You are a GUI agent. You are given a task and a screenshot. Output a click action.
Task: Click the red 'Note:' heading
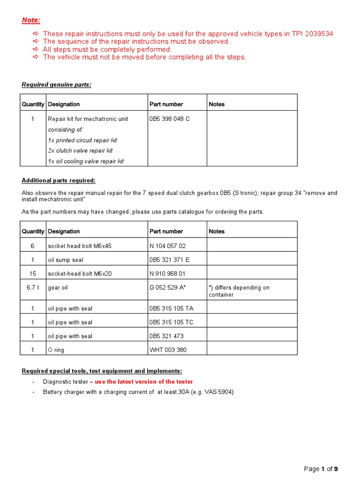[31, 20]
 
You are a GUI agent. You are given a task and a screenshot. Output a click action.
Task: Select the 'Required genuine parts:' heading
[57, 84]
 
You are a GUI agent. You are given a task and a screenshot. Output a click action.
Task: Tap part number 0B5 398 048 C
[169, 119]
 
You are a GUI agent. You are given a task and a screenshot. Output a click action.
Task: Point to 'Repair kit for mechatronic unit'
[88, 119]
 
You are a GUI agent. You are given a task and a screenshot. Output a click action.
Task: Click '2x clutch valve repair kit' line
[80, 150]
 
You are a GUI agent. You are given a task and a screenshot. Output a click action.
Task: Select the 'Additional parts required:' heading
[59, 180]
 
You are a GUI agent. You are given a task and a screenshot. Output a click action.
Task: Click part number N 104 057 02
[167, 246]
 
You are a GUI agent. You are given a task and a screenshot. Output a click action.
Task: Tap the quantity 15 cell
[32, 273]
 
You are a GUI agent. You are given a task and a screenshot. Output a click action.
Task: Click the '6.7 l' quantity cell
[32, 287]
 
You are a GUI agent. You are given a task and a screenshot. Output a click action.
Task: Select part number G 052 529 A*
[168, 287]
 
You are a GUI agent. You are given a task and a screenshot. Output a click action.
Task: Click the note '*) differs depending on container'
[239, 291]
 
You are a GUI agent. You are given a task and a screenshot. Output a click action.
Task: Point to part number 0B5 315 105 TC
[171, 322]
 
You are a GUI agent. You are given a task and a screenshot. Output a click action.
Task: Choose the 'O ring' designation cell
[57, 350]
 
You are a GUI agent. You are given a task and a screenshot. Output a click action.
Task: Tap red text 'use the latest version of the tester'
[143, 382]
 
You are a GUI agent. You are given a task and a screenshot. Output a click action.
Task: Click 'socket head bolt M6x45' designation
[80, 246]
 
